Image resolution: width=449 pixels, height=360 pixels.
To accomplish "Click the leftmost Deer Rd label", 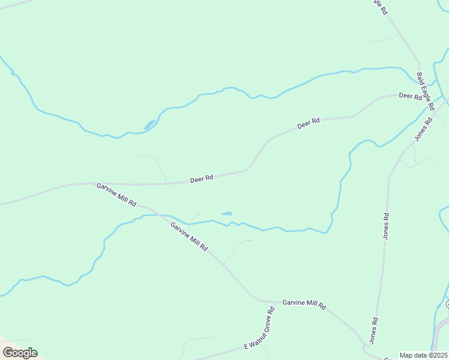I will [202, 179].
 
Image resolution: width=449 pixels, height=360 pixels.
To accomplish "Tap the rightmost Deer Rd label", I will [411, 95].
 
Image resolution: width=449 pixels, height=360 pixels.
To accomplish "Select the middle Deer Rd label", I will [309, 124].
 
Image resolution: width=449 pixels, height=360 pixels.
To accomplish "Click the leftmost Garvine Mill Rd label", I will [116, 195].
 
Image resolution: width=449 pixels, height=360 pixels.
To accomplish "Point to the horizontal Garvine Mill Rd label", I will [304, 305].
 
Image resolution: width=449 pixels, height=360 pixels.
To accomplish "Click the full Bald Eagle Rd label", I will [425, 91].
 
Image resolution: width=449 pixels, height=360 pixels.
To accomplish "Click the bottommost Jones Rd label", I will [373, 330].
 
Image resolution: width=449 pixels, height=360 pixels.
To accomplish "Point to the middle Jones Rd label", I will [386, 226].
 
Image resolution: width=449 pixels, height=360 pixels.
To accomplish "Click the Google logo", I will [20, 353].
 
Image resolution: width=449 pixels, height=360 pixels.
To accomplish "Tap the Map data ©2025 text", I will [424, 355].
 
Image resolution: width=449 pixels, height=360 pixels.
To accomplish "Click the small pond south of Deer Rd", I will [226, 213].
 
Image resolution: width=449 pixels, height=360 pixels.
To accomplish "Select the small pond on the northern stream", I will [149, 125].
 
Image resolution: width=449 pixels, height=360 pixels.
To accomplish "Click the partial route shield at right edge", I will [447, 305].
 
